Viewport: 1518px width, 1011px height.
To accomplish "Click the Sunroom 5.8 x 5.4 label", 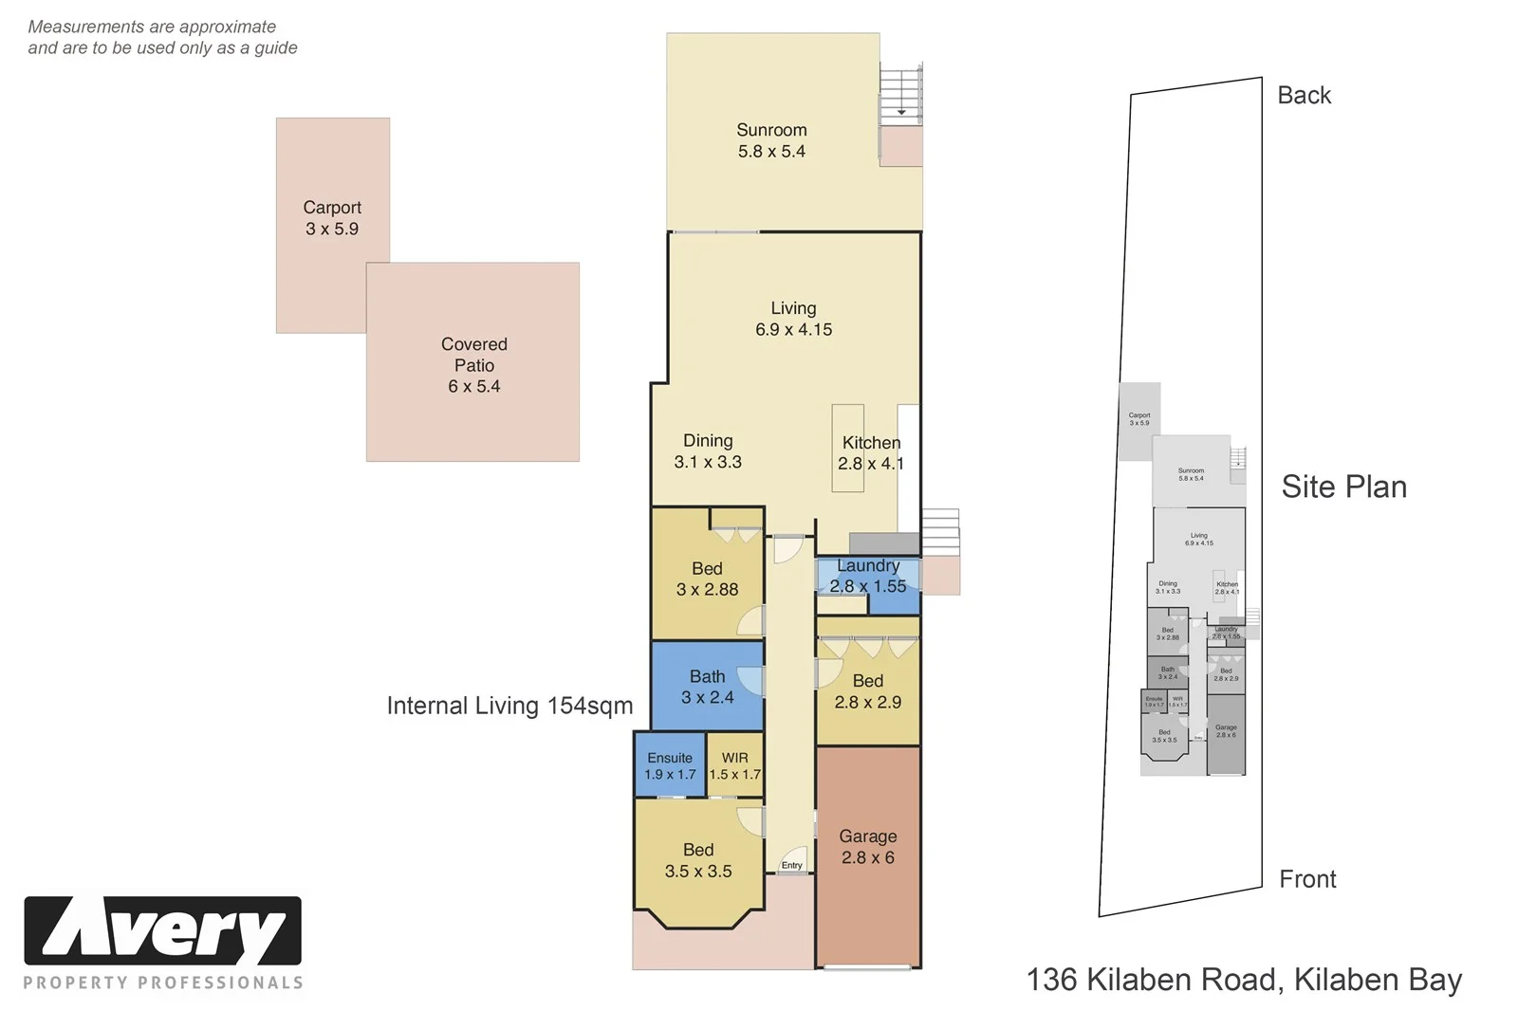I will pos(771,140).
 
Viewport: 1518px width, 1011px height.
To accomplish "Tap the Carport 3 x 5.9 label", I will pos(332,218).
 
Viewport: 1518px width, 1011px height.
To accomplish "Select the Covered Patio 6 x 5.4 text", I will pos(473,365).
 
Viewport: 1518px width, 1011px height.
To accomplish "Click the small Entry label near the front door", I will pos(791,865).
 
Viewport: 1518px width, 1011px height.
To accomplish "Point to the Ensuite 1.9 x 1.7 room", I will pos(670,765).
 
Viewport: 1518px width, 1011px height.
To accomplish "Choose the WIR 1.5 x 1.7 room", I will pos(735,765).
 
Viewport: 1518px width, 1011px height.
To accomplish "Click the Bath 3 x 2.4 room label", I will pos(707,687).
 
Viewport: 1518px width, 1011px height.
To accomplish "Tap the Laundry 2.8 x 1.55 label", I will pos(867,576).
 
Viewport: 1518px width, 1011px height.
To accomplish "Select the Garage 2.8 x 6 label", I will pos(867,846).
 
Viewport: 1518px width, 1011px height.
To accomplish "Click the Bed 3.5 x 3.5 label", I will pos(698,860).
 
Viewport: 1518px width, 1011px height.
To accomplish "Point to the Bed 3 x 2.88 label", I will pos(707,579).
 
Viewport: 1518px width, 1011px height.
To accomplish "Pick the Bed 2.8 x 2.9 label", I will pos(867,691).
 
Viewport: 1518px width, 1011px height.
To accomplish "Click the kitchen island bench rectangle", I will pos(847,448).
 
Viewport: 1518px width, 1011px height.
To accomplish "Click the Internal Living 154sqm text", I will pos(509,706).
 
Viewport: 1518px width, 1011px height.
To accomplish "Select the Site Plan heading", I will pos(1343,487).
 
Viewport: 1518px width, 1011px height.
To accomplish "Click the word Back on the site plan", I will pos(1304,95).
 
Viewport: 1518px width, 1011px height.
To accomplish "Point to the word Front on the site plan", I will pos(1306,879).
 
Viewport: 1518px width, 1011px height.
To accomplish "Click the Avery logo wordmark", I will pos(163,931).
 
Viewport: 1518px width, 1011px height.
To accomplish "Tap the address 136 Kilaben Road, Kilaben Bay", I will pos(1244,979).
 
